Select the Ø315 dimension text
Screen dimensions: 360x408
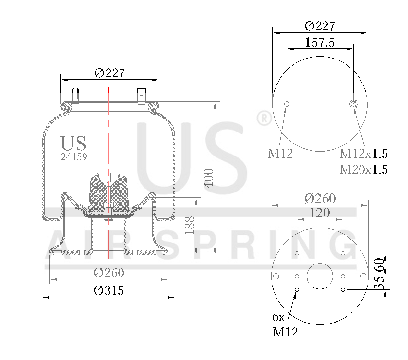click(108, 290)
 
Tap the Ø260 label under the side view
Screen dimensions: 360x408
click(108, 273)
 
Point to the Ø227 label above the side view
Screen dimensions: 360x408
click(109, 73)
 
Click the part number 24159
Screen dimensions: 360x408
click(74, 156)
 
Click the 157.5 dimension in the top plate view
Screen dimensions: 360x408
click(320, 42)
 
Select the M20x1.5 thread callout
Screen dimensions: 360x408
click(363, 169)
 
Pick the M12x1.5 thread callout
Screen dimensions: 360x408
click(363, 154)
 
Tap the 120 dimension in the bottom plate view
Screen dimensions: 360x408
click(319, 213)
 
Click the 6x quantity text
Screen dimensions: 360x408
click(278, 317)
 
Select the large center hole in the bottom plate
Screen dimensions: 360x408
click(320, 276)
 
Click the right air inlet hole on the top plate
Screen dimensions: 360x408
click(354, 104)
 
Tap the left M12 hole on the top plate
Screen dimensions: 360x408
click(287, 104)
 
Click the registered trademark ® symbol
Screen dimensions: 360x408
click(264, 119)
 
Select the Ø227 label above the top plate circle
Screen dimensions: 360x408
click(320, 26)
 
